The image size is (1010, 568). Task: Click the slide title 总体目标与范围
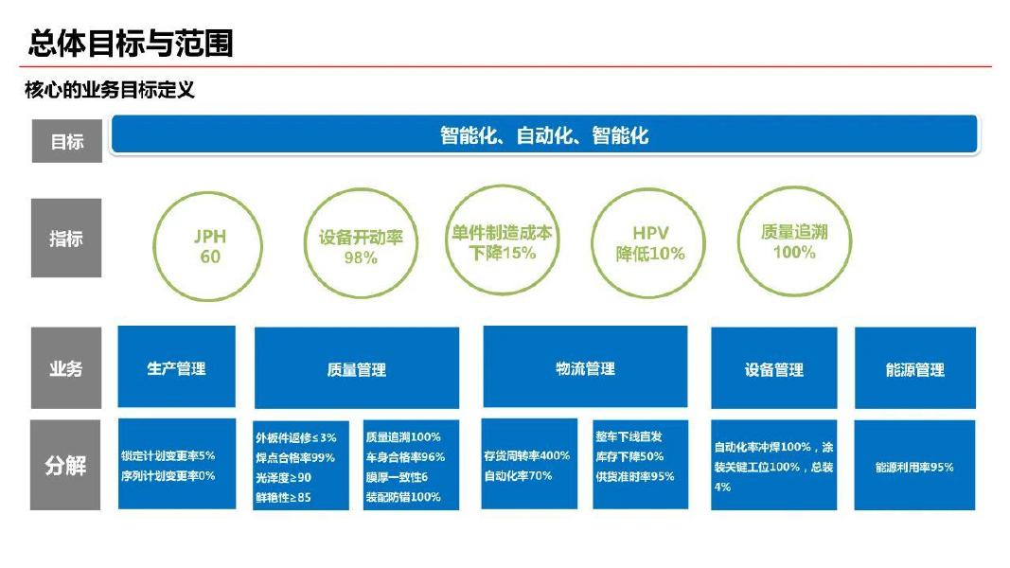click(131, 43)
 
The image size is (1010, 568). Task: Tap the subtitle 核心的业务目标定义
click(109, 90)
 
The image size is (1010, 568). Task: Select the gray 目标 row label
click(66, 142)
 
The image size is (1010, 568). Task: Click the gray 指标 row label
click(66, 239)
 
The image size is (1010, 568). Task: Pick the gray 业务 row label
click(66, 367)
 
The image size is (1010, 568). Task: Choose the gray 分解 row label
click(66, 465)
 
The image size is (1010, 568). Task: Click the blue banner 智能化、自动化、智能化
click(544, 135)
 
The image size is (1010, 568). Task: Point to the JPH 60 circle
click(210, 246)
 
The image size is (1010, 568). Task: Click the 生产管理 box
click(176, 367)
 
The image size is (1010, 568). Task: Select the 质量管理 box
click(357, 369)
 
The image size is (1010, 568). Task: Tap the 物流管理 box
click(585, 367)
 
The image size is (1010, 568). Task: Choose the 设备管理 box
click(773, 369)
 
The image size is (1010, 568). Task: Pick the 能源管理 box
click(914, 369)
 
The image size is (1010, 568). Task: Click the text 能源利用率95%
click(914, 467)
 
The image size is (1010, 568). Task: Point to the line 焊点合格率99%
click(294, 457)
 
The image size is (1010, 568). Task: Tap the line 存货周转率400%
click(526, 455)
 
